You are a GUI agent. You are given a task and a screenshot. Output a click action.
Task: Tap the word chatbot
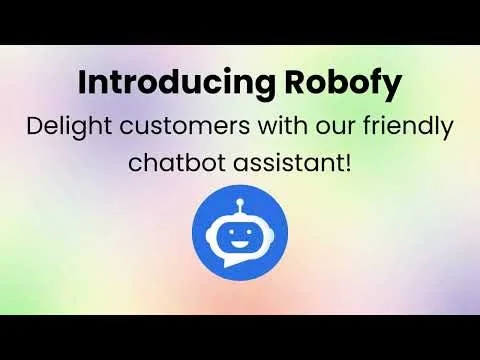pos(169,161)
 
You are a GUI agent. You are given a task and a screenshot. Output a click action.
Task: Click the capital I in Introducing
pos(82,83)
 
